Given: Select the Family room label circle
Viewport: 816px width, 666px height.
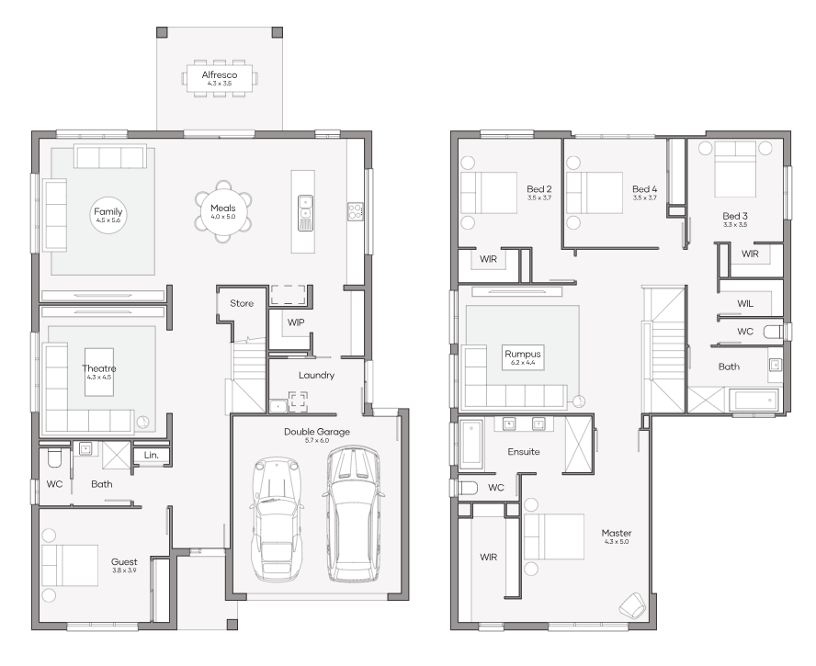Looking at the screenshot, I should [x=108, y=216].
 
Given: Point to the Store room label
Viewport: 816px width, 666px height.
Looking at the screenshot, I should [x=242, y=303].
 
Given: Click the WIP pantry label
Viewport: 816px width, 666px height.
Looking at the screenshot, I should [x=296, y=322].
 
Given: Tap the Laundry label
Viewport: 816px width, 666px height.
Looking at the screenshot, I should [x=316, y=375].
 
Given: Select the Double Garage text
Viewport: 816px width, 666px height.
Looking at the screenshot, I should [x=316, y=431].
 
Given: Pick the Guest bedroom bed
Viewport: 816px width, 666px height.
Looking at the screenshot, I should [x=70, y=564].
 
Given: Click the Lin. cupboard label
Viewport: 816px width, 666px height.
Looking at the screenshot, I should [x=150, y=456].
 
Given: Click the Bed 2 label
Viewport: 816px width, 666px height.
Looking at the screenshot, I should [x=538, y=188].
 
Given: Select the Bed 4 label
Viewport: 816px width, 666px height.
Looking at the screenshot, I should [x=644, y=188].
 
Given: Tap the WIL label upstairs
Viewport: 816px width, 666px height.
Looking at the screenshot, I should [x=745, y=303].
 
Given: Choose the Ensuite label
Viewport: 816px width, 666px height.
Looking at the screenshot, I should [x=523, y=452].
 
